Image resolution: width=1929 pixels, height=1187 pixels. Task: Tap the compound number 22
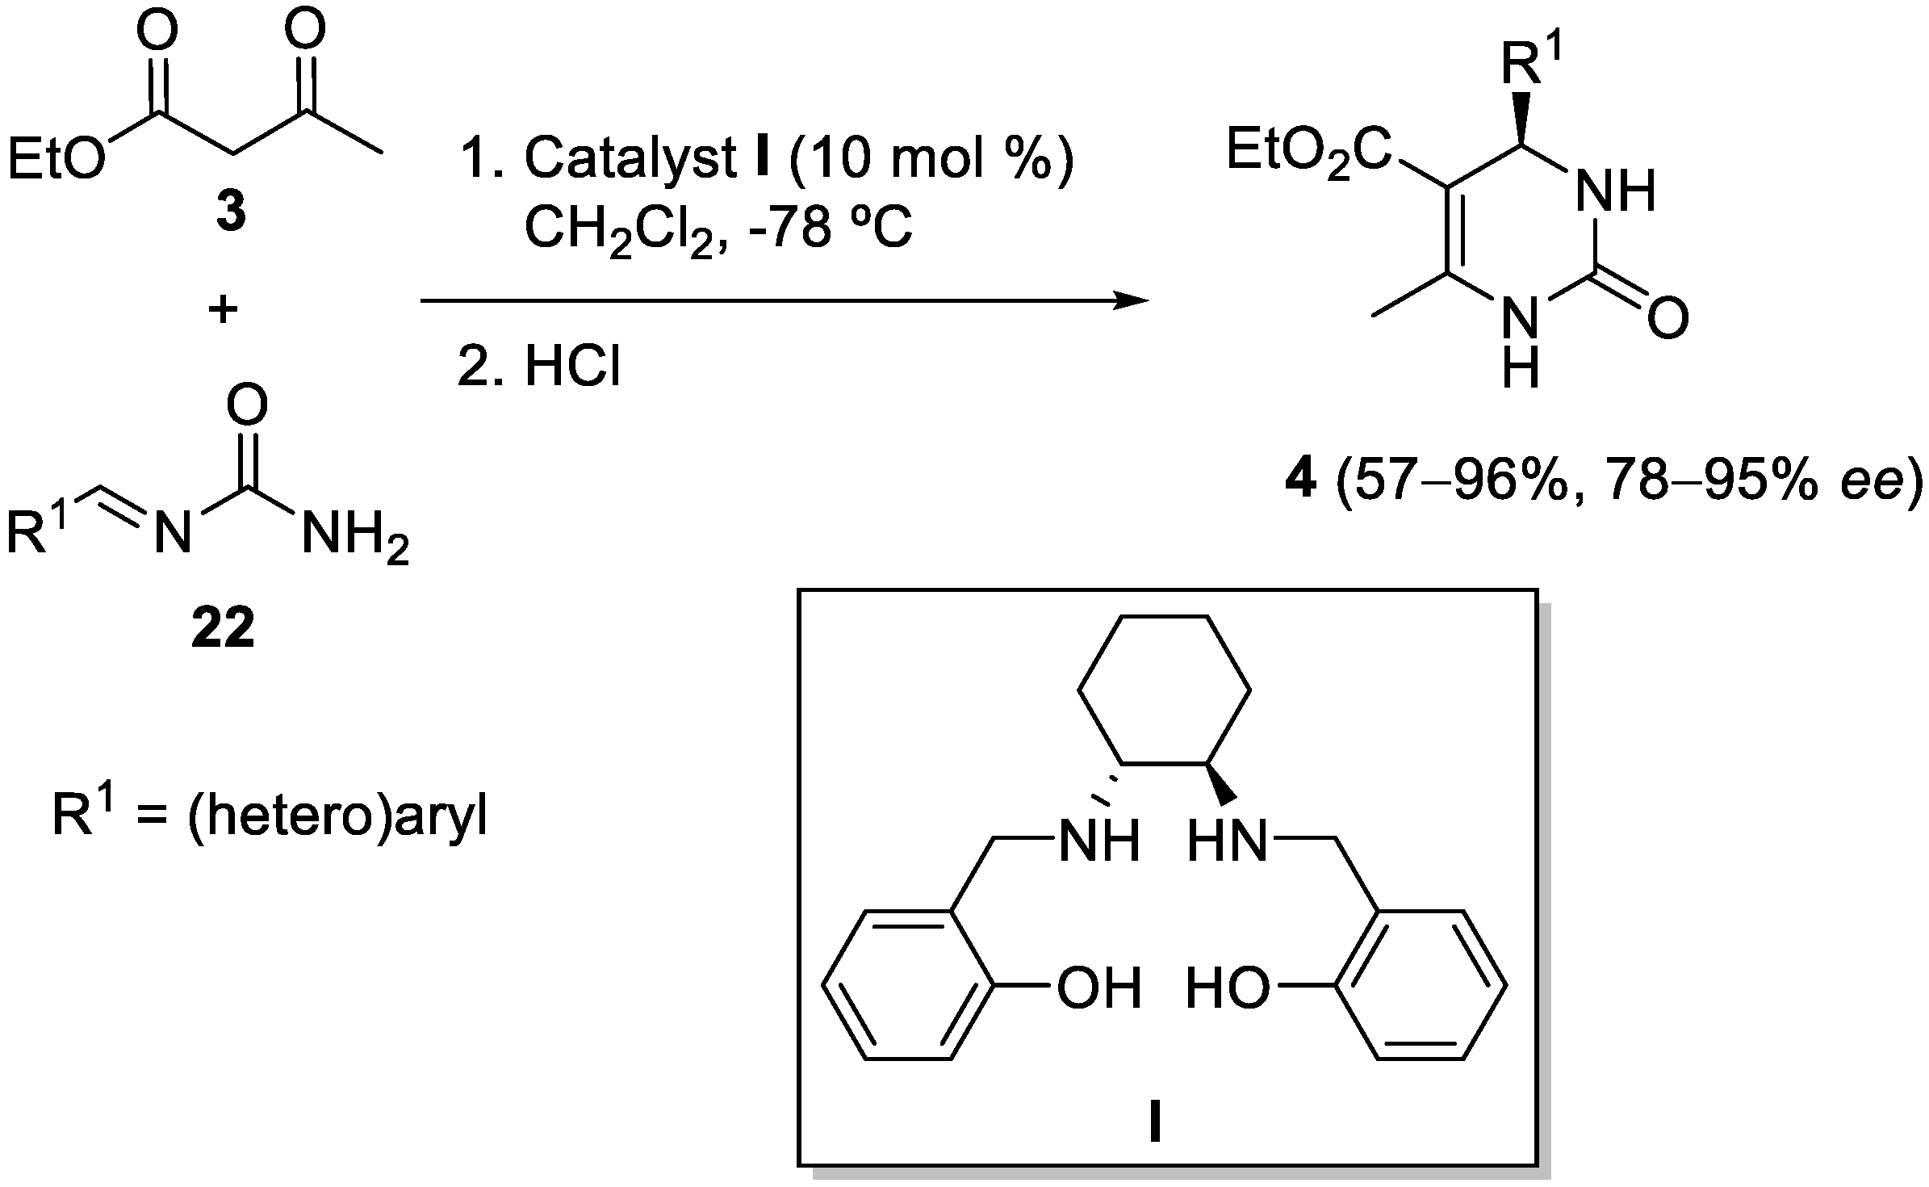click(223, 628)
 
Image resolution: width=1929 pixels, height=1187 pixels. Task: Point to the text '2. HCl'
click(539, 367)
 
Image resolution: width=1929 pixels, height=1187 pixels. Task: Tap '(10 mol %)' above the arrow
click(932, 157)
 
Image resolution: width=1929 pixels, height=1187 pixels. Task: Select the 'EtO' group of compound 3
click(56, 157)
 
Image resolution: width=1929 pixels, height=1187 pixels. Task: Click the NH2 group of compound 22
click(354, 535)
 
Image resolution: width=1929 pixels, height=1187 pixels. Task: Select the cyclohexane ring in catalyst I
click(1165, 690)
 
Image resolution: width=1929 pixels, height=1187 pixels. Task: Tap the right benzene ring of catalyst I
click(1421, 984)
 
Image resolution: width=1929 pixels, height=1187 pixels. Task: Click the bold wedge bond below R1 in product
click(1521, 117)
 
